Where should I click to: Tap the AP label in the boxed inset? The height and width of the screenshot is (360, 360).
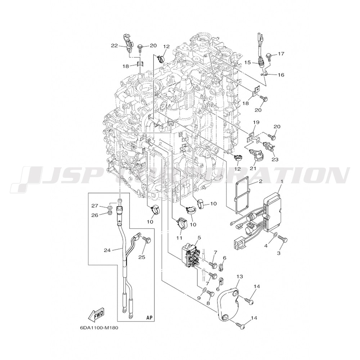(x=149, y=318)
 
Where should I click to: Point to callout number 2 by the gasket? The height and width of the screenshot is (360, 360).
(x=261, y=181)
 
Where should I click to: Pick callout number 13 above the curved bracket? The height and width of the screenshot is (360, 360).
(x=239, y=276)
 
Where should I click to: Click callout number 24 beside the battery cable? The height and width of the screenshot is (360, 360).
(x=107, y=250)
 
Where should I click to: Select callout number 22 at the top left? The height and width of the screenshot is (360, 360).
(x=114, y=46)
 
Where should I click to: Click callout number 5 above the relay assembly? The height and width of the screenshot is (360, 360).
(x=199, y=237)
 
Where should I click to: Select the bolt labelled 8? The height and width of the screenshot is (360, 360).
(x=210, y=293)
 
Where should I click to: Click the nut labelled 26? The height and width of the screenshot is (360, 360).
(x=110, y=213)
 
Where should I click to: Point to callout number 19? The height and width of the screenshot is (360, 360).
(x=256, y=123)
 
